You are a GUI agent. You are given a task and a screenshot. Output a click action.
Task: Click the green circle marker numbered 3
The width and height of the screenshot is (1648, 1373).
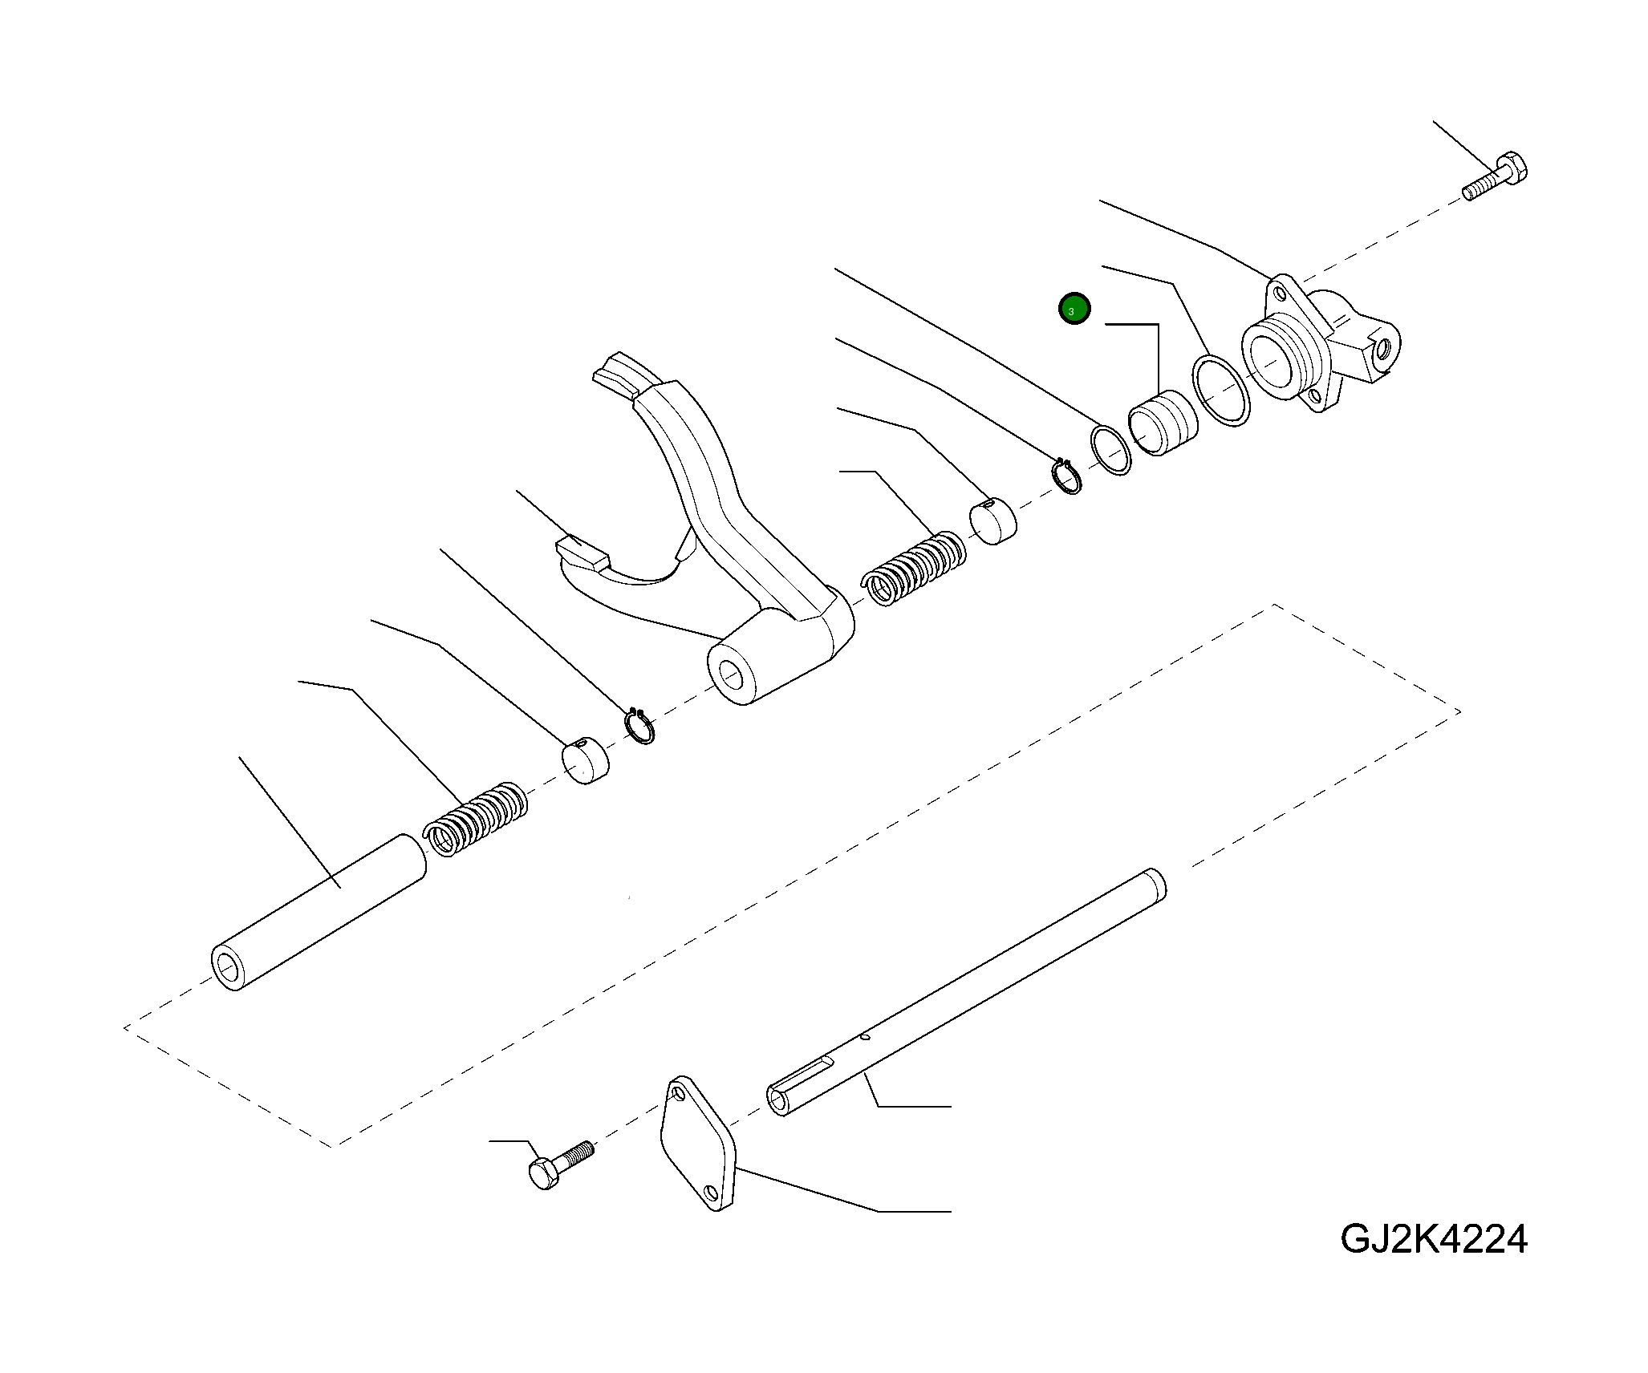1074,310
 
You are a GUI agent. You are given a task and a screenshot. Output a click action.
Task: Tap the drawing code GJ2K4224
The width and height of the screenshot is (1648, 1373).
1433,1239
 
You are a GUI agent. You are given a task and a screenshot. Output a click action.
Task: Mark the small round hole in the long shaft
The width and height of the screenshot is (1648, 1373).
863,1037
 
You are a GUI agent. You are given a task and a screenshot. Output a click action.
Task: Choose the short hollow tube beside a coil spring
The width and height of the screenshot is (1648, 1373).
319,913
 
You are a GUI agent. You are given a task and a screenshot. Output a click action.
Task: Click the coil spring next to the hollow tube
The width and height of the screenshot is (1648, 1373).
475,820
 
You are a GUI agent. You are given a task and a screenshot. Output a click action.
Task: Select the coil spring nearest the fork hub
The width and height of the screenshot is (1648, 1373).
914,568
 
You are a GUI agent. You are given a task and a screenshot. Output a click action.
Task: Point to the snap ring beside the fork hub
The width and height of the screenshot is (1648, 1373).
640,726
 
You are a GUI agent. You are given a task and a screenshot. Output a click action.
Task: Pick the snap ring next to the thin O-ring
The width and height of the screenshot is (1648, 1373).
1067,476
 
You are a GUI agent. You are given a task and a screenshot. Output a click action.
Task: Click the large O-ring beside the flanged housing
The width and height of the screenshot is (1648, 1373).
1220,390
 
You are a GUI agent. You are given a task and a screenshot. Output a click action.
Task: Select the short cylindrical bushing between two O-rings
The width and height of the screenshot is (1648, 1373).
1163,423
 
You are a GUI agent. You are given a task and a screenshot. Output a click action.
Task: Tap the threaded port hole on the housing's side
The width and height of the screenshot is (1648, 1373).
1383,350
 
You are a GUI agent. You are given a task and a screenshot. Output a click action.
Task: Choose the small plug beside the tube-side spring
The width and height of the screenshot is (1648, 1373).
585,759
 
